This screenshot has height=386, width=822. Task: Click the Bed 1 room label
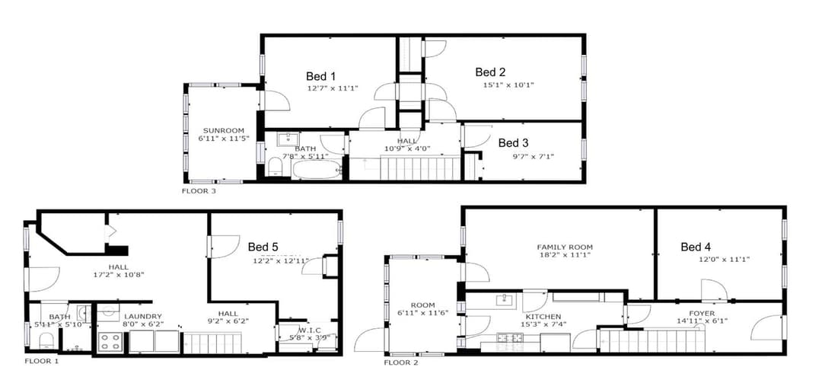tap(320, 76)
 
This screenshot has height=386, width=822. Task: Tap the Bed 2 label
tap(491, 72)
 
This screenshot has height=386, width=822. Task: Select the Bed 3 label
tap(513, 143)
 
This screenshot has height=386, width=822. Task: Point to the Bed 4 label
tap(696, 247)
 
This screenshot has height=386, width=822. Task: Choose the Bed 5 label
tap(263, 247)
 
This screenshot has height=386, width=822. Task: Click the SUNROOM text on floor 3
tap(223, 130)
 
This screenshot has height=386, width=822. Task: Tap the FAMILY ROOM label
tap(564, 247)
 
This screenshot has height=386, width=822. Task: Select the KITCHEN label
tap(543, 317)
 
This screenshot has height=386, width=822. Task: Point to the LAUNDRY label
tap(143, 316)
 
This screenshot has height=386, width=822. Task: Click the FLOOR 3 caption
tap(199, 192)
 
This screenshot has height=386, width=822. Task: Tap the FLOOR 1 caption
tap(41, 361)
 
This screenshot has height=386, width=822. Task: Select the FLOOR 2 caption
tap(401, 362)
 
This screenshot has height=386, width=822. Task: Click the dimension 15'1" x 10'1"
tap(508, 85)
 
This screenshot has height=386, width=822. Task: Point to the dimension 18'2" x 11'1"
tap(564, 255)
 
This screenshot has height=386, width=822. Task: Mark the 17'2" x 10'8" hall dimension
tap(118, 274)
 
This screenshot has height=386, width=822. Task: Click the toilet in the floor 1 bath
tap(46, 339)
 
